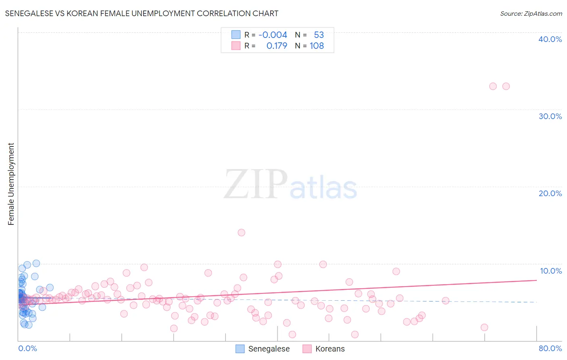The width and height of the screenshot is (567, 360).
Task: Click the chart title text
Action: pos(141,13)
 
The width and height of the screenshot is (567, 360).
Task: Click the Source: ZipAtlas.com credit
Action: pos(531,14)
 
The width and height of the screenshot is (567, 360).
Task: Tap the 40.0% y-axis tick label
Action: pos(550,39)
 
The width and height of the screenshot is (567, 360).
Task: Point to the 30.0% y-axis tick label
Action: pos(550,116)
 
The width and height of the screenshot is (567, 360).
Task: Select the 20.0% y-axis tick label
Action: pos(550,193)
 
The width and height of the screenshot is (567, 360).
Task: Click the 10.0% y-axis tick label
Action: pos(550,271)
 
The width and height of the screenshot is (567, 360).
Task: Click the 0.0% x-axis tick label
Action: pos(27,348)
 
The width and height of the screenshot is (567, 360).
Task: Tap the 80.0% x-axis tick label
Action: pos(550,348)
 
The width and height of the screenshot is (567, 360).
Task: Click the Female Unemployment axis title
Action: pos(11,184)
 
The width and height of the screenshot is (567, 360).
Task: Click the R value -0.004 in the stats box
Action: pos(273,35)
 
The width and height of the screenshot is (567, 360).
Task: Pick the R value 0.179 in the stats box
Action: pos(277,46)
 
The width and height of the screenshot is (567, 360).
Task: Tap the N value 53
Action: pos(319,35)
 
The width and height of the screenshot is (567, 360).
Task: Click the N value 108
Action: pos(317,46)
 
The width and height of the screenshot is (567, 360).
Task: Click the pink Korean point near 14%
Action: pos(242,232)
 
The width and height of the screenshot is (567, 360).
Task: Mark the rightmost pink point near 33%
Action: pos(506,86)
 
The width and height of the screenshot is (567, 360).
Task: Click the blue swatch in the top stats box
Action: pos(236,35)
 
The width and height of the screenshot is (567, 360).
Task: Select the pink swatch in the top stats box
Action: pos(236,46)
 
